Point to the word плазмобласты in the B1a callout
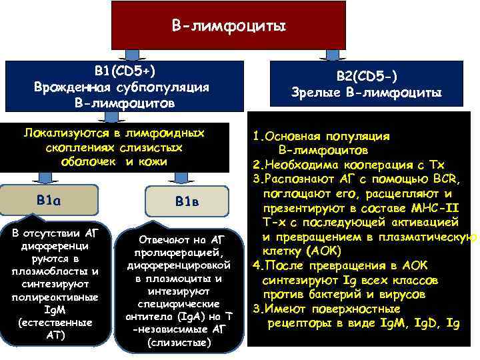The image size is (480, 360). (x=39, y=271)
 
